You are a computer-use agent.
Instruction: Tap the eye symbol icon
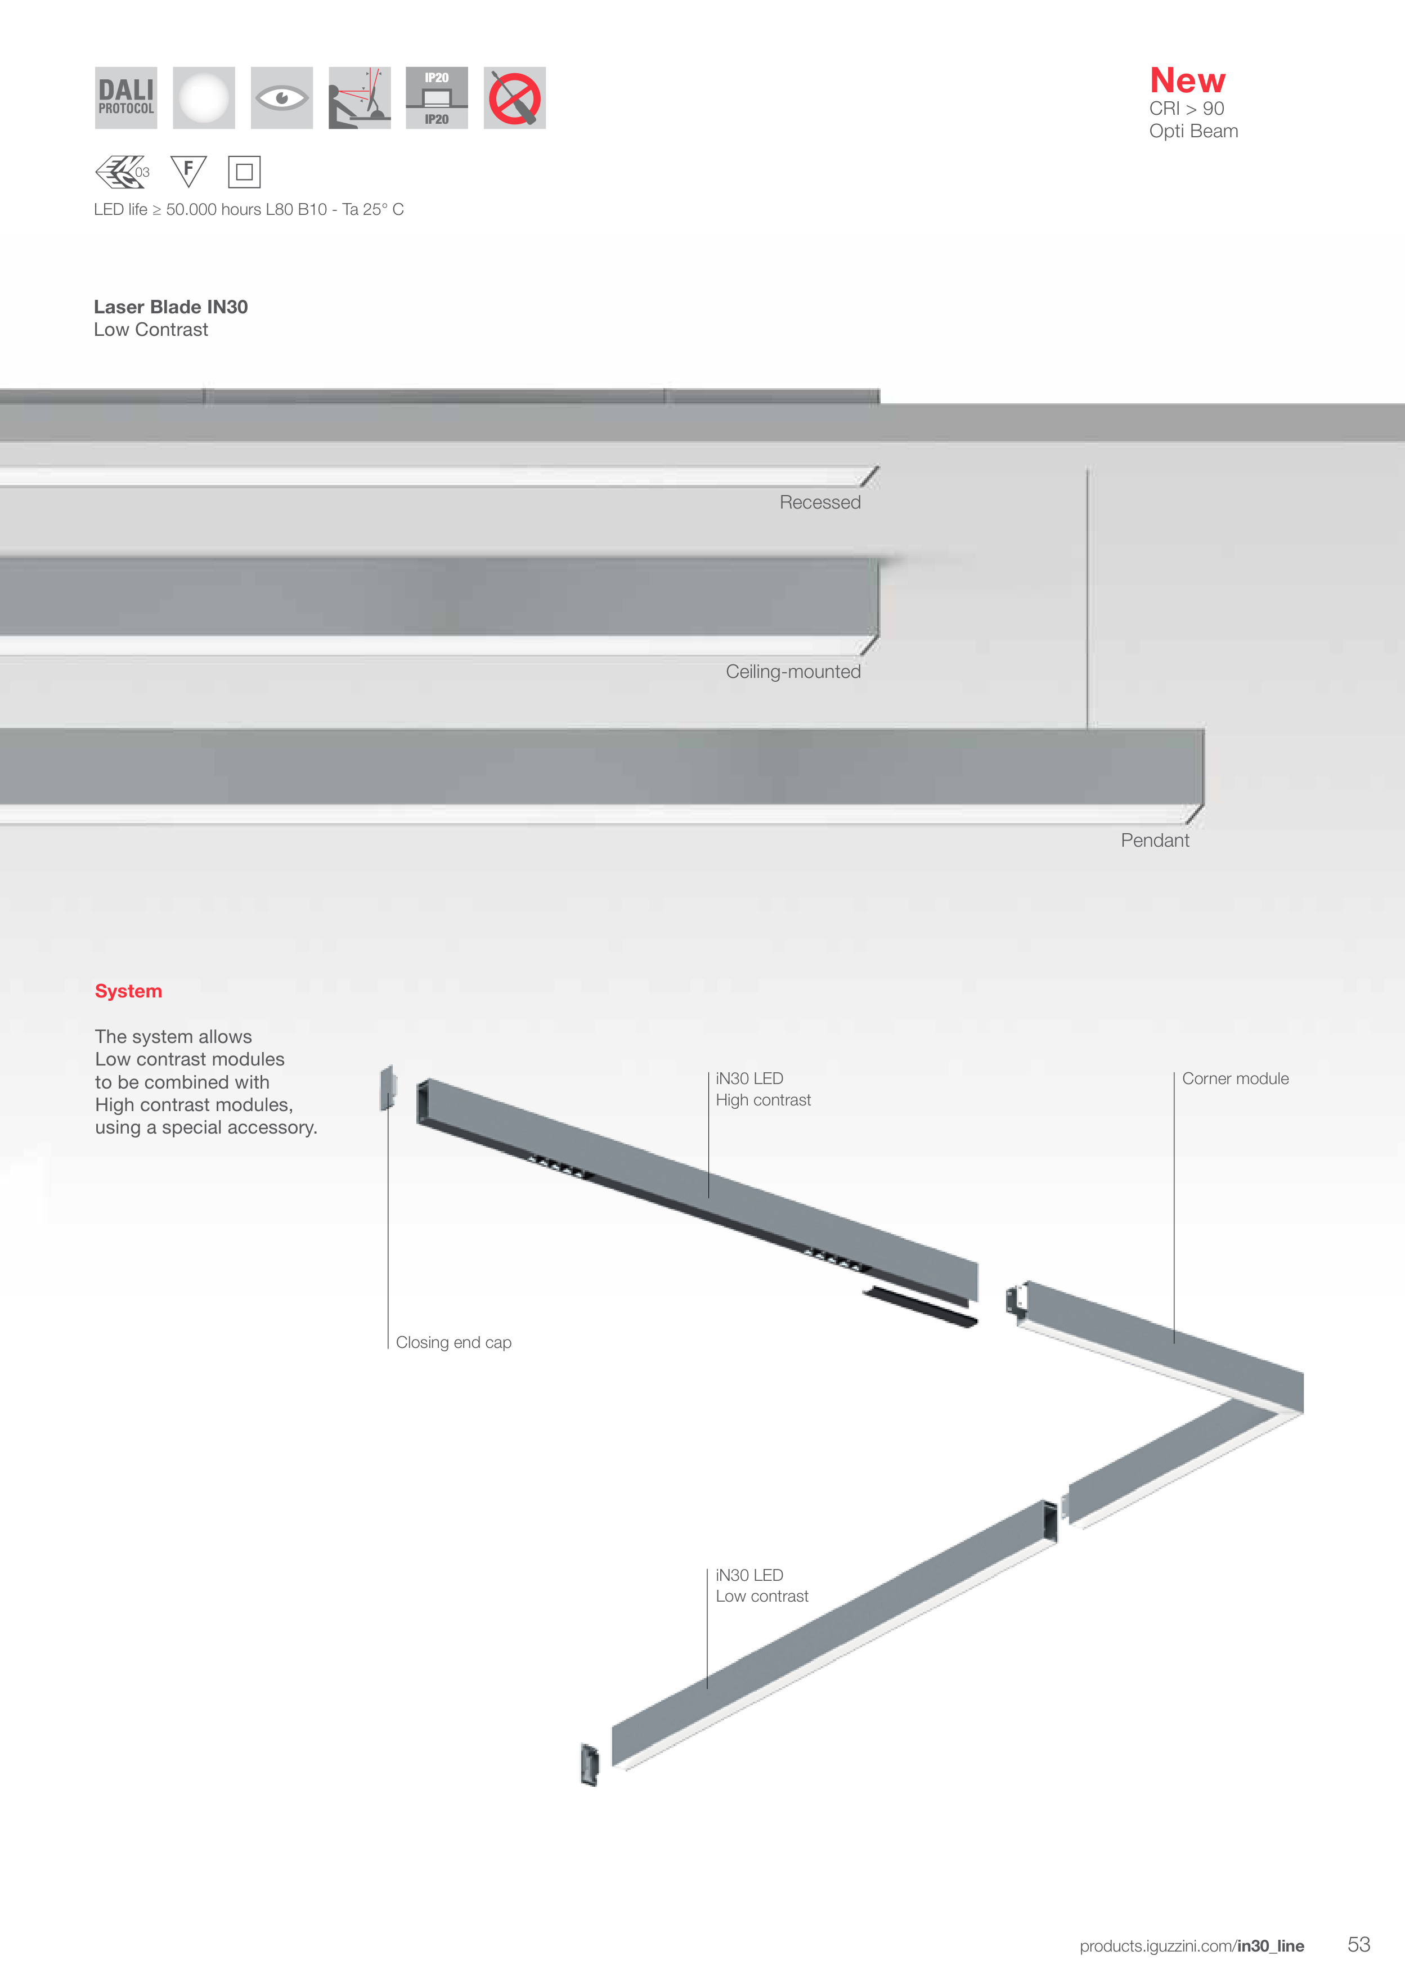pyautogui.click(x=281, y=98)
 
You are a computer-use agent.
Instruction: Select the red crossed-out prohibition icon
pyautogui.click(x=514, y=98)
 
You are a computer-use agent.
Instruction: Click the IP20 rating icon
pyautogui.click(x=436, y=98)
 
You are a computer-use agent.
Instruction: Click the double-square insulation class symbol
pyautogui.click(x=244, y=172)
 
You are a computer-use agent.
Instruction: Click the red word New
pyautogui.click(x=1187, y=80)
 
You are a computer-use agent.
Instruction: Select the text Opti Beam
pyautogui.click(x=1193, y=132)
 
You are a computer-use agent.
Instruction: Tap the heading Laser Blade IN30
pyautogui.click(x=170, y=307)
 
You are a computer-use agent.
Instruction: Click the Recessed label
pyautogui.click(x=820, y=503)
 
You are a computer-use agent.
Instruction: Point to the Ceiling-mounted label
pyautogui.click(x=793, y=672)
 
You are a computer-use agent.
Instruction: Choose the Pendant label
pyautogui.click(x=1154, y=840)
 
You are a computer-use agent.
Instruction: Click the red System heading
pyautogui.click(x=128, y=991)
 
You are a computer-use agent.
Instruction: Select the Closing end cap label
pyautogui.click(x=454, y=1342)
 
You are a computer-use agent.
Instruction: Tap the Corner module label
pyautogui.click(x=1235, y=1078)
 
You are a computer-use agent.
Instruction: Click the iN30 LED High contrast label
pyautogui.click(x=762, y=1090)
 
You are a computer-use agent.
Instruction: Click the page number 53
pyautogui.click(x=1358, y=1945)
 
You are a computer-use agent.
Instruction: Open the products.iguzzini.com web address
pyautogui.click(x=1191, y=1946)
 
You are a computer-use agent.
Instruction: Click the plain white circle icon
pyautogui.click(x=204, y=98)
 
